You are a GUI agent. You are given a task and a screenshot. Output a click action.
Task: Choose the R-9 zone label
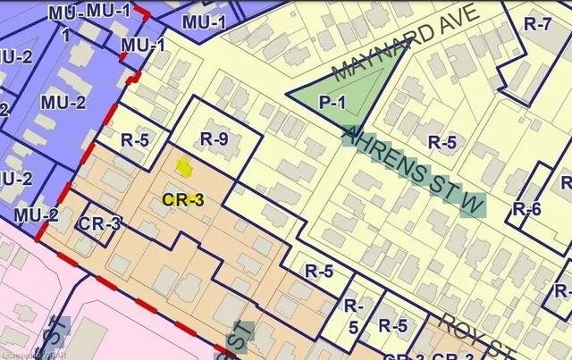pyautogui.click(x=217, y=138)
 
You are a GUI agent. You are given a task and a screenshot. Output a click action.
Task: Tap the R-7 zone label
pyautogui.click(x=537, y=25)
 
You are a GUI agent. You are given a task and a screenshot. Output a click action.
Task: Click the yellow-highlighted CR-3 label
pyautogui.click(x=184, y=200)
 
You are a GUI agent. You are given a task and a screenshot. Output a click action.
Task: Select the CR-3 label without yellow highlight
pyautogui.click(x=100, y=223)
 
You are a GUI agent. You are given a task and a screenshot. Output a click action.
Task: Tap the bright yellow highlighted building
pyautogui.click(x=184, y=166)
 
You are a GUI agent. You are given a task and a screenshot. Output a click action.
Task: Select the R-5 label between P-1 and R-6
pyautogui.click(x=441, y=142)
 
